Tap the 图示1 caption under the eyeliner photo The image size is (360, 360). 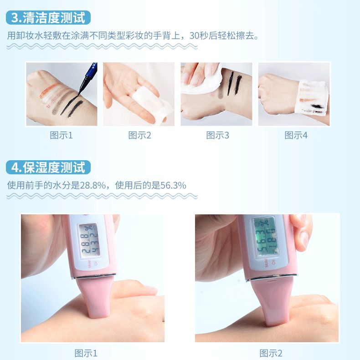coord(61,135)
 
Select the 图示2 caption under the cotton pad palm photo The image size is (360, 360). coord(139,135)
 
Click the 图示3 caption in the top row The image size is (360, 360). coord(217,135)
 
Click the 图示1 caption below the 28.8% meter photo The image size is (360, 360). coord(86,353)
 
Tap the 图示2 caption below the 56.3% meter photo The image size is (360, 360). coord(271,353)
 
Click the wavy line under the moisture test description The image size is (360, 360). coord(102,196)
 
